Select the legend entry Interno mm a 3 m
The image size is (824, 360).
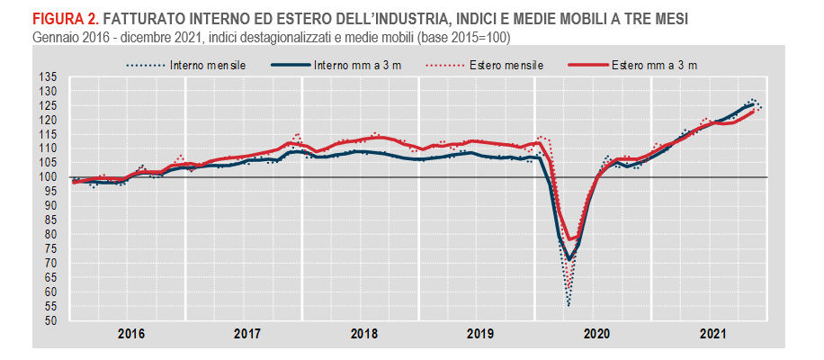[363, 65]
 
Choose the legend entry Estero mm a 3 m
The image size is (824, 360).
[655, 65]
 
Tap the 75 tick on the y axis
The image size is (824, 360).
[50, 249]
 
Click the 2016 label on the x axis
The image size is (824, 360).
[131, 334]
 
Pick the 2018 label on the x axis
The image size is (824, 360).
[363, 334]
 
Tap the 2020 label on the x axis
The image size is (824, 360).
[596, 334]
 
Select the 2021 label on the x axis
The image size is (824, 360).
[712, 334]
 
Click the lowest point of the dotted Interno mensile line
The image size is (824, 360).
[569, 306]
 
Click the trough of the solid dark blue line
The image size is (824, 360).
[569, 259]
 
